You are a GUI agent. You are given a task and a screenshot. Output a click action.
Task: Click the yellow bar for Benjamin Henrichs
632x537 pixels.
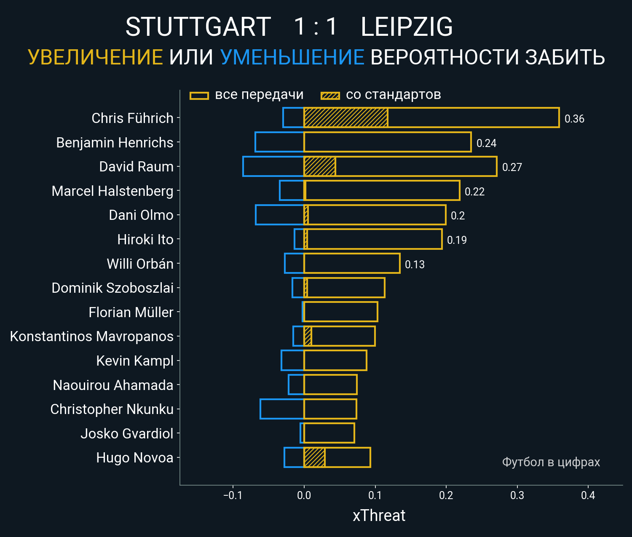click(387, 142)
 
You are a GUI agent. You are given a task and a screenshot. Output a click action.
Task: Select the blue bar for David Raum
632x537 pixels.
click(273, 166)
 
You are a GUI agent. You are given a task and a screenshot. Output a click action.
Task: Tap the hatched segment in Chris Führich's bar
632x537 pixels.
click(345, 118)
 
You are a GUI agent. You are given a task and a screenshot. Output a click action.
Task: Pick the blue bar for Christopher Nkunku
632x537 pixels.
click(282, 409)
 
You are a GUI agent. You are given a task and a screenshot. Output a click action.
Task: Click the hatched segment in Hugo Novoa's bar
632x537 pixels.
click(314, 457)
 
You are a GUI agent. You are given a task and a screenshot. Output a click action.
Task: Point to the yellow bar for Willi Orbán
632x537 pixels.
click(352, 264)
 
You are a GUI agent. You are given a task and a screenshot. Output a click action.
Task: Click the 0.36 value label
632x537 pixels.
click(574, 119)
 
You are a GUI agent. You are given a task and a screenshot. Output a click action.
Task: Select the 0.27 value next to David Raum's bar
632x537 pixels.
click(512, 167)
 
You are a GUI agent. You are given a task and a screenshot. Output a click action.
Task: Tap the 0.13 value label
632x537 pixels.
click(415, 264)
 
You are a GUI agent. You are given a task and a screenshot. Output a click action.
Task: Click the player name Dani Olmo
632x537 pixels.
click(141, 215)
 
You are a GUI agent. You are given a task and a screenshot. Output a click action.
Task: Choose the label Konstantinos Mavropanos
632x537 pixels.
click(91, 337)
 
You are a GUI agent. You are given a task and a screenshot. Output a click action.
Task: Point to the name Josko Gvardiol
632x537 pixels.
click(127, 433)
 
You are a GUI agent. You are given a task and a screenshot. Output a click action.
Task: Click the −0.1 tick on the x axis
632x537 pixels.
click(233, 495)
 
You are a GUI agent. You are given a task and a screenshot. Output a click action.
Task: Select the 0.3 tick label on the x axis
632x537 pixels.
click(517, 495)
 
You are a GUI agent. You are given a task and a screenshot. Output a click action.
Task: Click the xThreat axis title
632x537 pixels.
click(379, 516)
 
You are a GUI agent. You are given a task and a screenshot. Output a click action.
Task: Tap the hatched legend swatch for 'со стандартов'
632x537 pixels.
click(330, 96)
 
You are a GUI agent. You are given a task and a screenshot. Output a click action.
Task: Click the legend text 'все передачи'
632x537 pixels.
click(259, 95)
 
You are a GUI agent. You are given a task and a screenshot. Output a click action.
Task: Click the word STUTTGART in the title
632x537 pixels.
click(198, 27)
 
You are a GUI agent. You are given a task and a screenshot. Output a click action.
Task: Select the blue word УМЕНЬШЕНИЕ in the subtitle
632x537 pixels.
click(292, 57)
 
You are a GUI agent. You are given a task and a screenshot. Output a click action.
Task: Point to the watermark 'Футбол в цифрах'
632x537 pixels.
click(551, 462)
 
